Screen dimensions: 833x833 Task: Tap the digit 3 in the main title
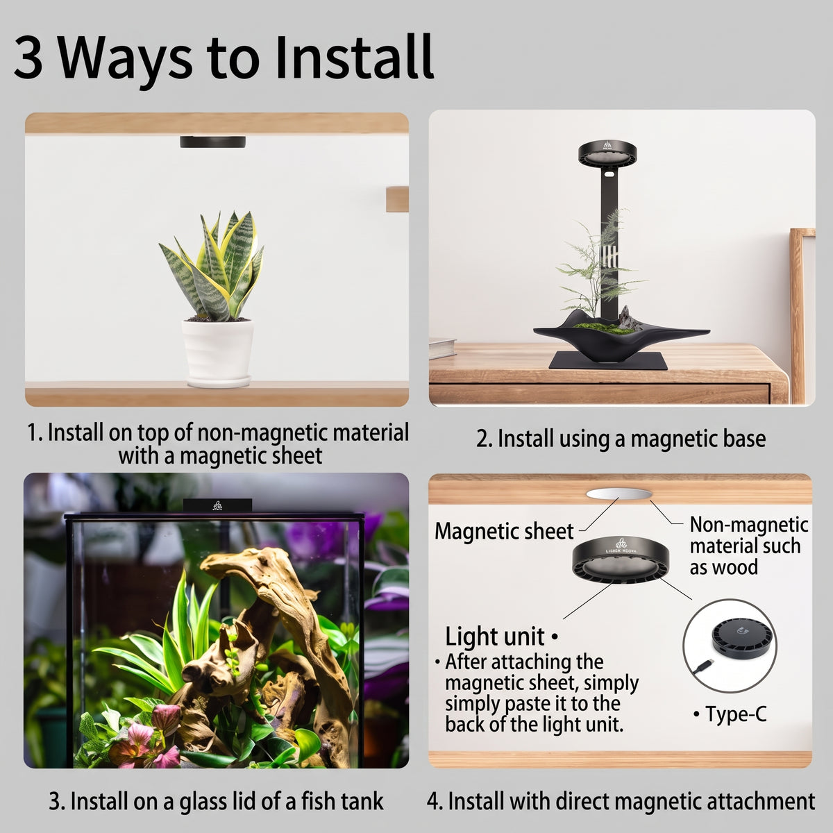coord(28,57)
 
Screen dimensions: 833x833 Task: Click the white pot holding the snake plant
coord(217,353)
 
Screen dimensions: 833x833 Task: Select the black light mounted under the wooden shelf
coord(212,142)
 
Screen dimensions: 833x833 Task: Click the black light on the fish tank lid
coord(217,505)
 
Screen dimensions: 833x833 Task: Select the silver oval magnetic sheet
coord(619,494)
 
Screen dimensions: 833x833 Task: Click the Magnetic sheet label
coord(504,531)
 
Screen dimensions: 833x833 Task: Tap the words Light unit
coord(494,637)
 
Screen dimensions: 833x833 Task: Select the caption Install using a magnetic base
coord(621,438)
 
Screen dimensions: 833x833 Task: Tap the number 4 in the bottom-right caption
coord(432,802)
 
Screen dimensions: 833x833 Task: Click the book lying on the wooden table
coord(441,348)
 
